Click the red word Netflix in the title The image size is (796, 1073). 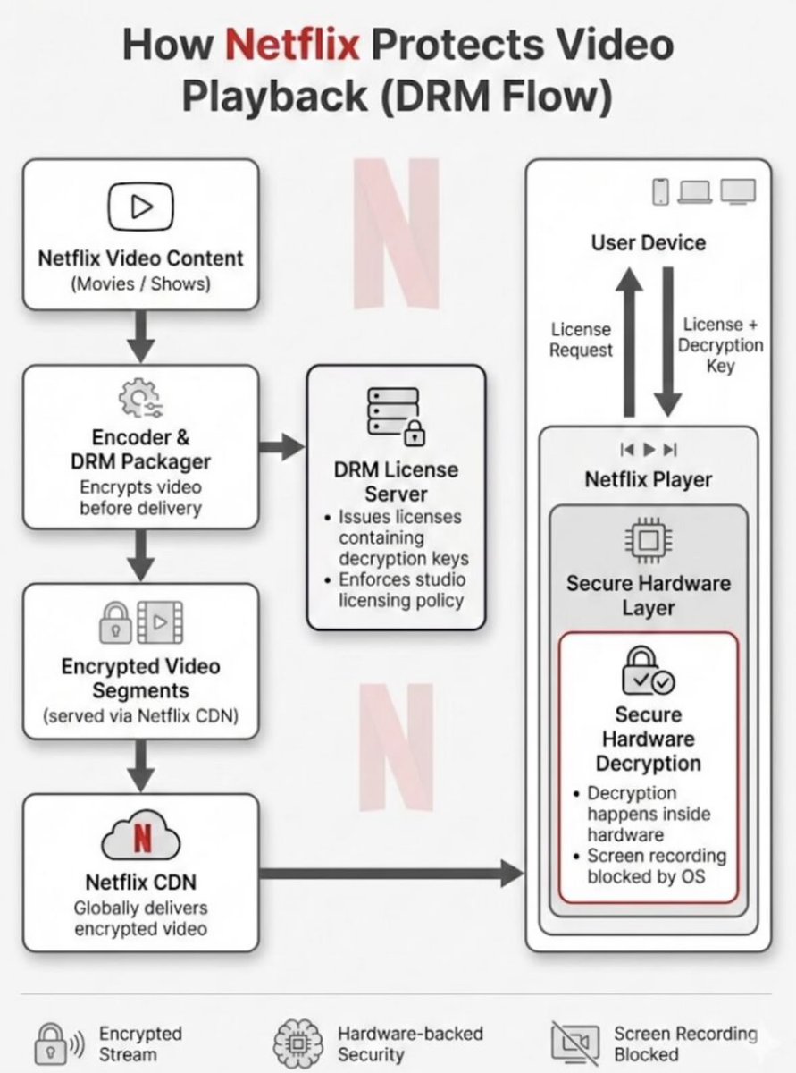[x=293, y=44]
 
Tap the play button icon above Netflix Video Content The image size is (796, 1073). [x=140, y=207]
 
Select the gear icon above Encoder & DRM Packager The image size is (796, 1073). [x=140, y=398]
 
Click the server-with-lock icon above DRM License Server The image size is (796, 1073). [x=397, y=416]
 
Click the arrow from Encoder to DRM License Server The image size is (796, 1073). [x=281, y=446]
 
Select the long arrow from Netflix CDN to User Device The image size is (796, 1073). [x=391, y=874]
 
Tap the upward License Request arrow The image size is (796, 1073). [x=629, y=342]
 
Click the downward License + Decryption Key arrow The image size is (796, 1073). [x=668, y=342]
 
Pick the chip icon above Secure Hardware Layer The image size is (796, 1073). [x=649, y=541]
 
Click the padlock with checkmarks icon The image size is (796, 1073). [x=648, y=672]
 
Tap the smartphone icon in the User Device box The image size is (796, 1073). [x=661, y=191]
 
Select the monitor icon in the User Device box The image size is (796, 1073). [x=738, y=191]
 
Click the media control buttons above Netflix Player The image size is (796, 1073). [x=648, y=450]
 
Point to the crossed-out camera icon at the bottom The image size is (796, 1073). [x=575, y=1043]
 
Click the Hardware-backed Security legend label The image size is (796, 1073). [x=410, y=1044]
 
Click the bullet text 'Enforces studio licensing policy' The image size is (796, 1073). [x=402, y=590]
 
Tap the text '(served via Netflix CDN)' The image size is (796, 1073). [x=140, y=715]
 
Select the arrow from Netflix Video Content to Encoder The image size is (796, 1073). [x=140, y=336]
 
